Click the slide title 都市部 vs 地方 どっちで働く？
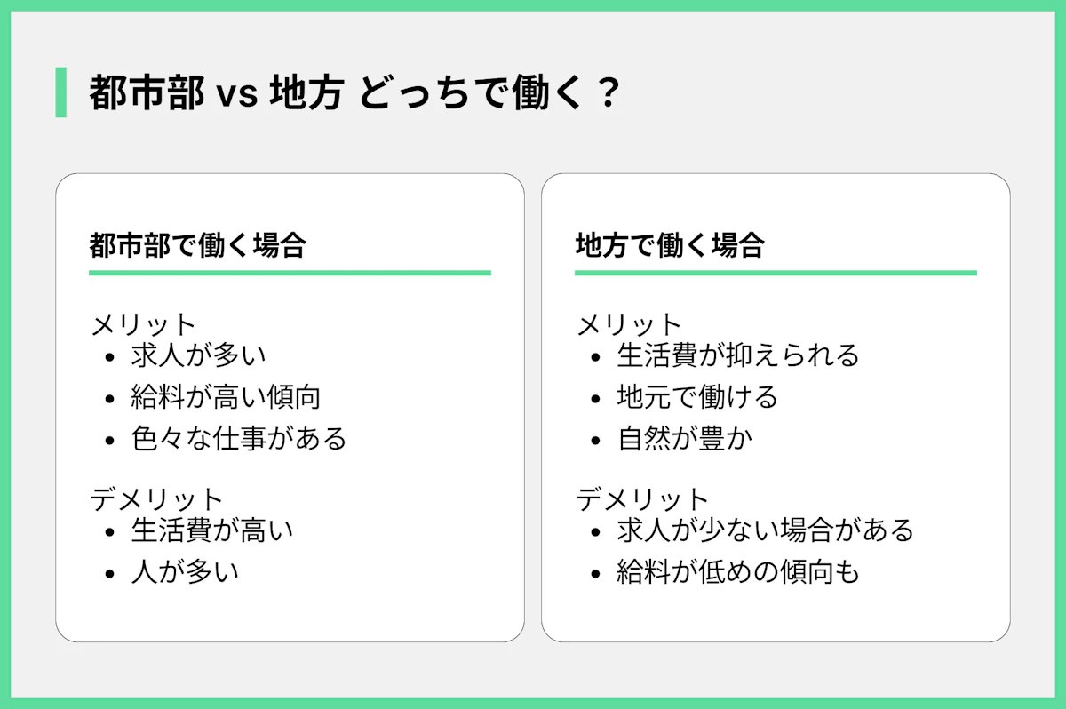(x=354, y=92)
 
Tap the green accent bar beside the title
(x=60, y=92)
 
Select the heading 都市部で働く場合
(x=197, y=244)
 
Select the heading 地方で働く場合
(x=670, y=244)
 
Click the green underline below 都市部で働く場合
(x=290, y=273)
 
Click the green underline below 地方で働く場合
(x=776, y=273)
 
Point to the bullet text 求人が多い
(x=198, y=355)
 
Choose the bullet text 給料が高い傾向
(x=226, y=397)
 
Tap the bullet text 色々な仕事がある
(x=239, y=438)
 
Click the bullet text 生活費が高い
(x=211, y=530)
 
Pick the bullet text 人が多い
(x=185, y=571)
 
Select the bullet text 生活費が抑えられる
(x=738, y=355)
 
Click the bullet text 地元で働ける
(x=697, y=397)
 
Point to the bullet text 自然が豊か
(x=684, y=438)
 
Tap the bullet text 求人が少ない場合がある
(x=765, y=530)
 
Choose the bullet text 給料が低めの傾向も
(x=738, y=571)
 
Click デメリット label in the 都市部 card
(x=156, y=498)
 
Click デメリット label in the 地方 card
(x=642, y=498)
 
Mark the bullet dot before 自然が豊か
(x=596, y=440)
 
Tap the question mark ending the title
(x=608, y=92)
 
